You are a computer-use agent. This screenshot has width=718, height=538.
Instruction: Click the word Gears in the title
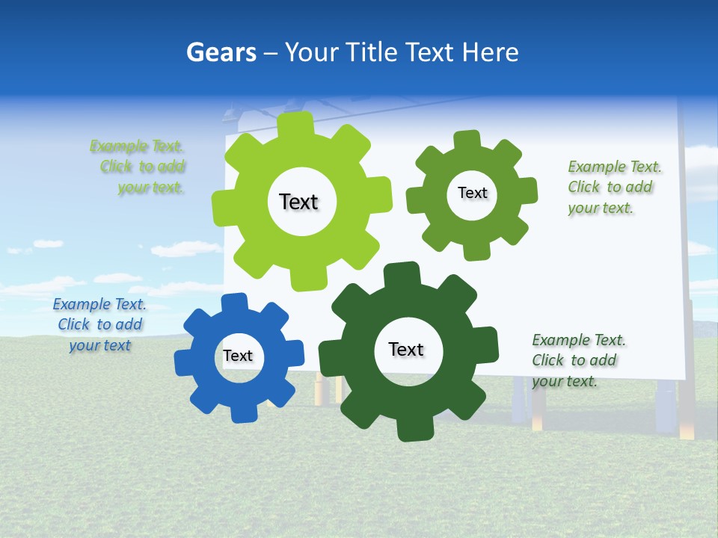click(x=221, y=52)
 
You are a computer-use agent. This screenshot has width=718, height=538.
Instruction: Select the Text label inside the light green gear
click(x=299, y=202)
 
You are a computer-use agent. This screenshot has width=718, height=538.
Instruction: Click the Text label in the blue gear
click(x=238, y=356)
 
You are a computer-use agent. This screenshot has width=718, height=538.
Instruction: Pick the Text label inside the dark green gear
click(x=406, y=349)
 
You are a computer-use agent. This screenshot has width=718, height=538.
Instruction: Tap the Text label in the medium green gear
click(x=473, y=193)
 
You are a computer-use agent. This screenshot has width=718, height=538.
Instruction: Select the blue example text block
click(x=99, y=325)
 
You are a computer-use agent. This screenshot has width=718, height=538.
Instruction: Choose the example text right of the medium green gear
click(x=613, y=187)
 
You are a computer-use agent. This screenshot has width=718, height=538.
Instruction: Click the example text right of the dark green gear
click(x=577, y=360)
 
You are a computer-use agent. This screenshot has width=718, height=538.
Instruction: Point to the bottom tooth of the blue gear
click(x=241, y=412)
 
